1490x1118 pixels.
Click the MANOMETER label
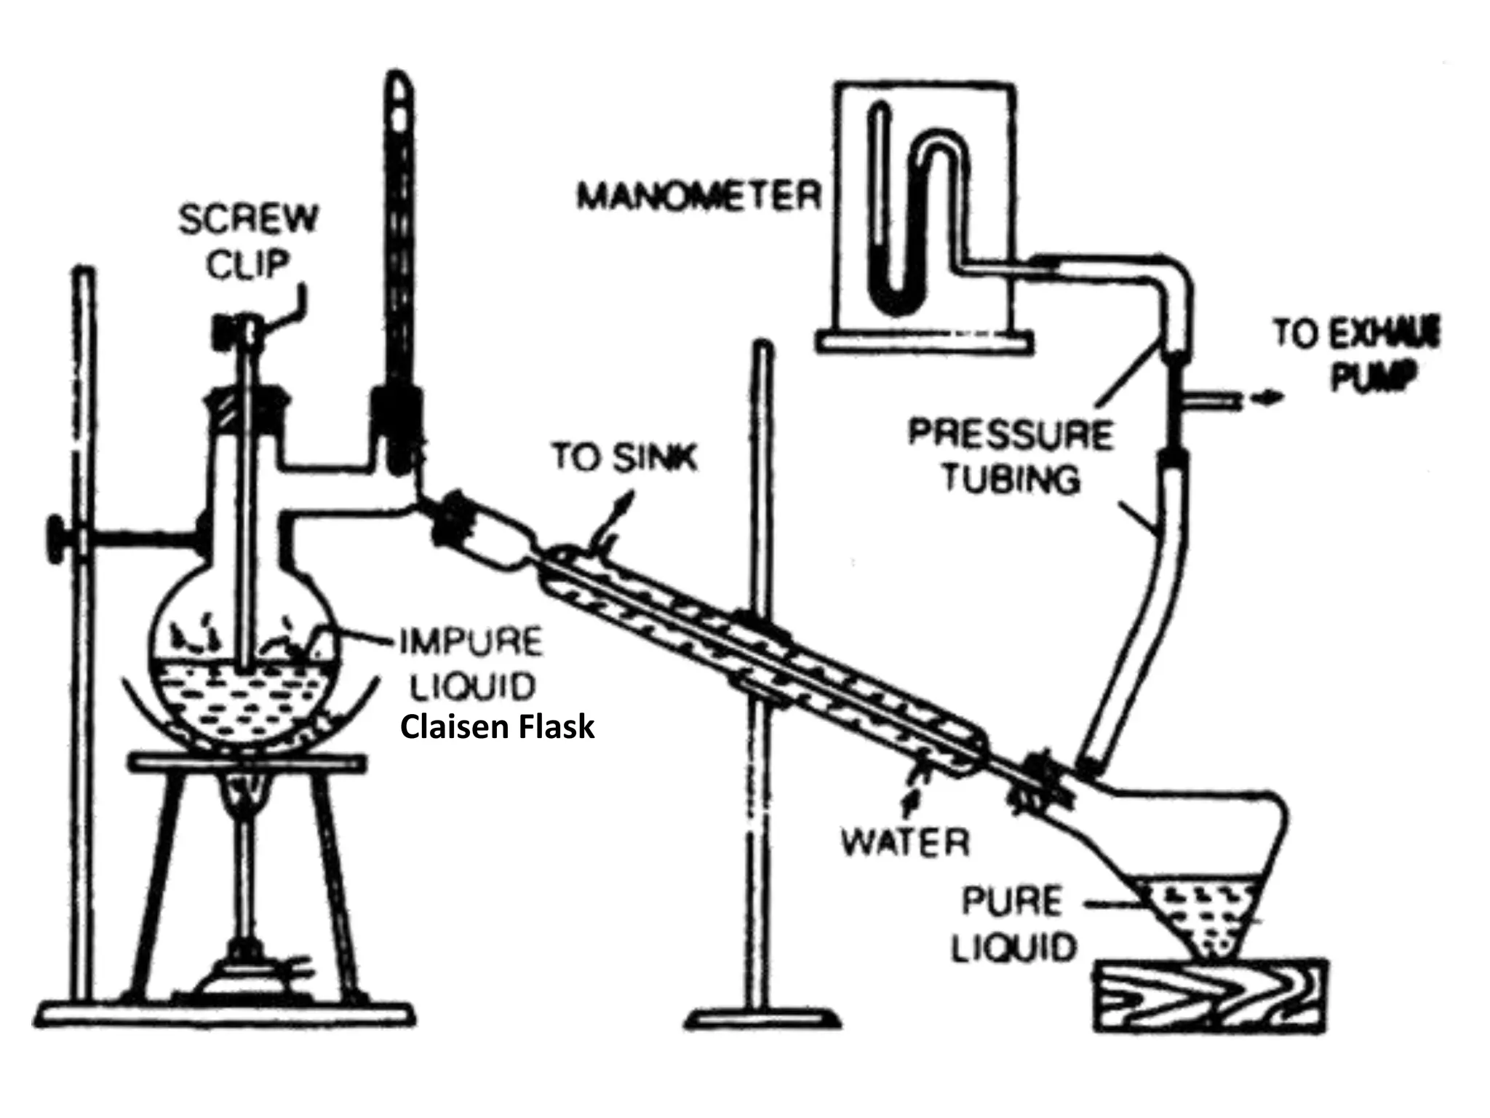pos(698,195)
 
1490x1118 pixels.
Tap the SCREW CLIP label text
pos(249,240)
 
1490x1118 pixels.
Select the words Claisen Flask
pos(498,726)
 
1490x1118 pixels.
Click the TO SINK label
pos(624,457)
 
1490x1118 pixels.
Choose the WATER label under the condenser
pos(905,843)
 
